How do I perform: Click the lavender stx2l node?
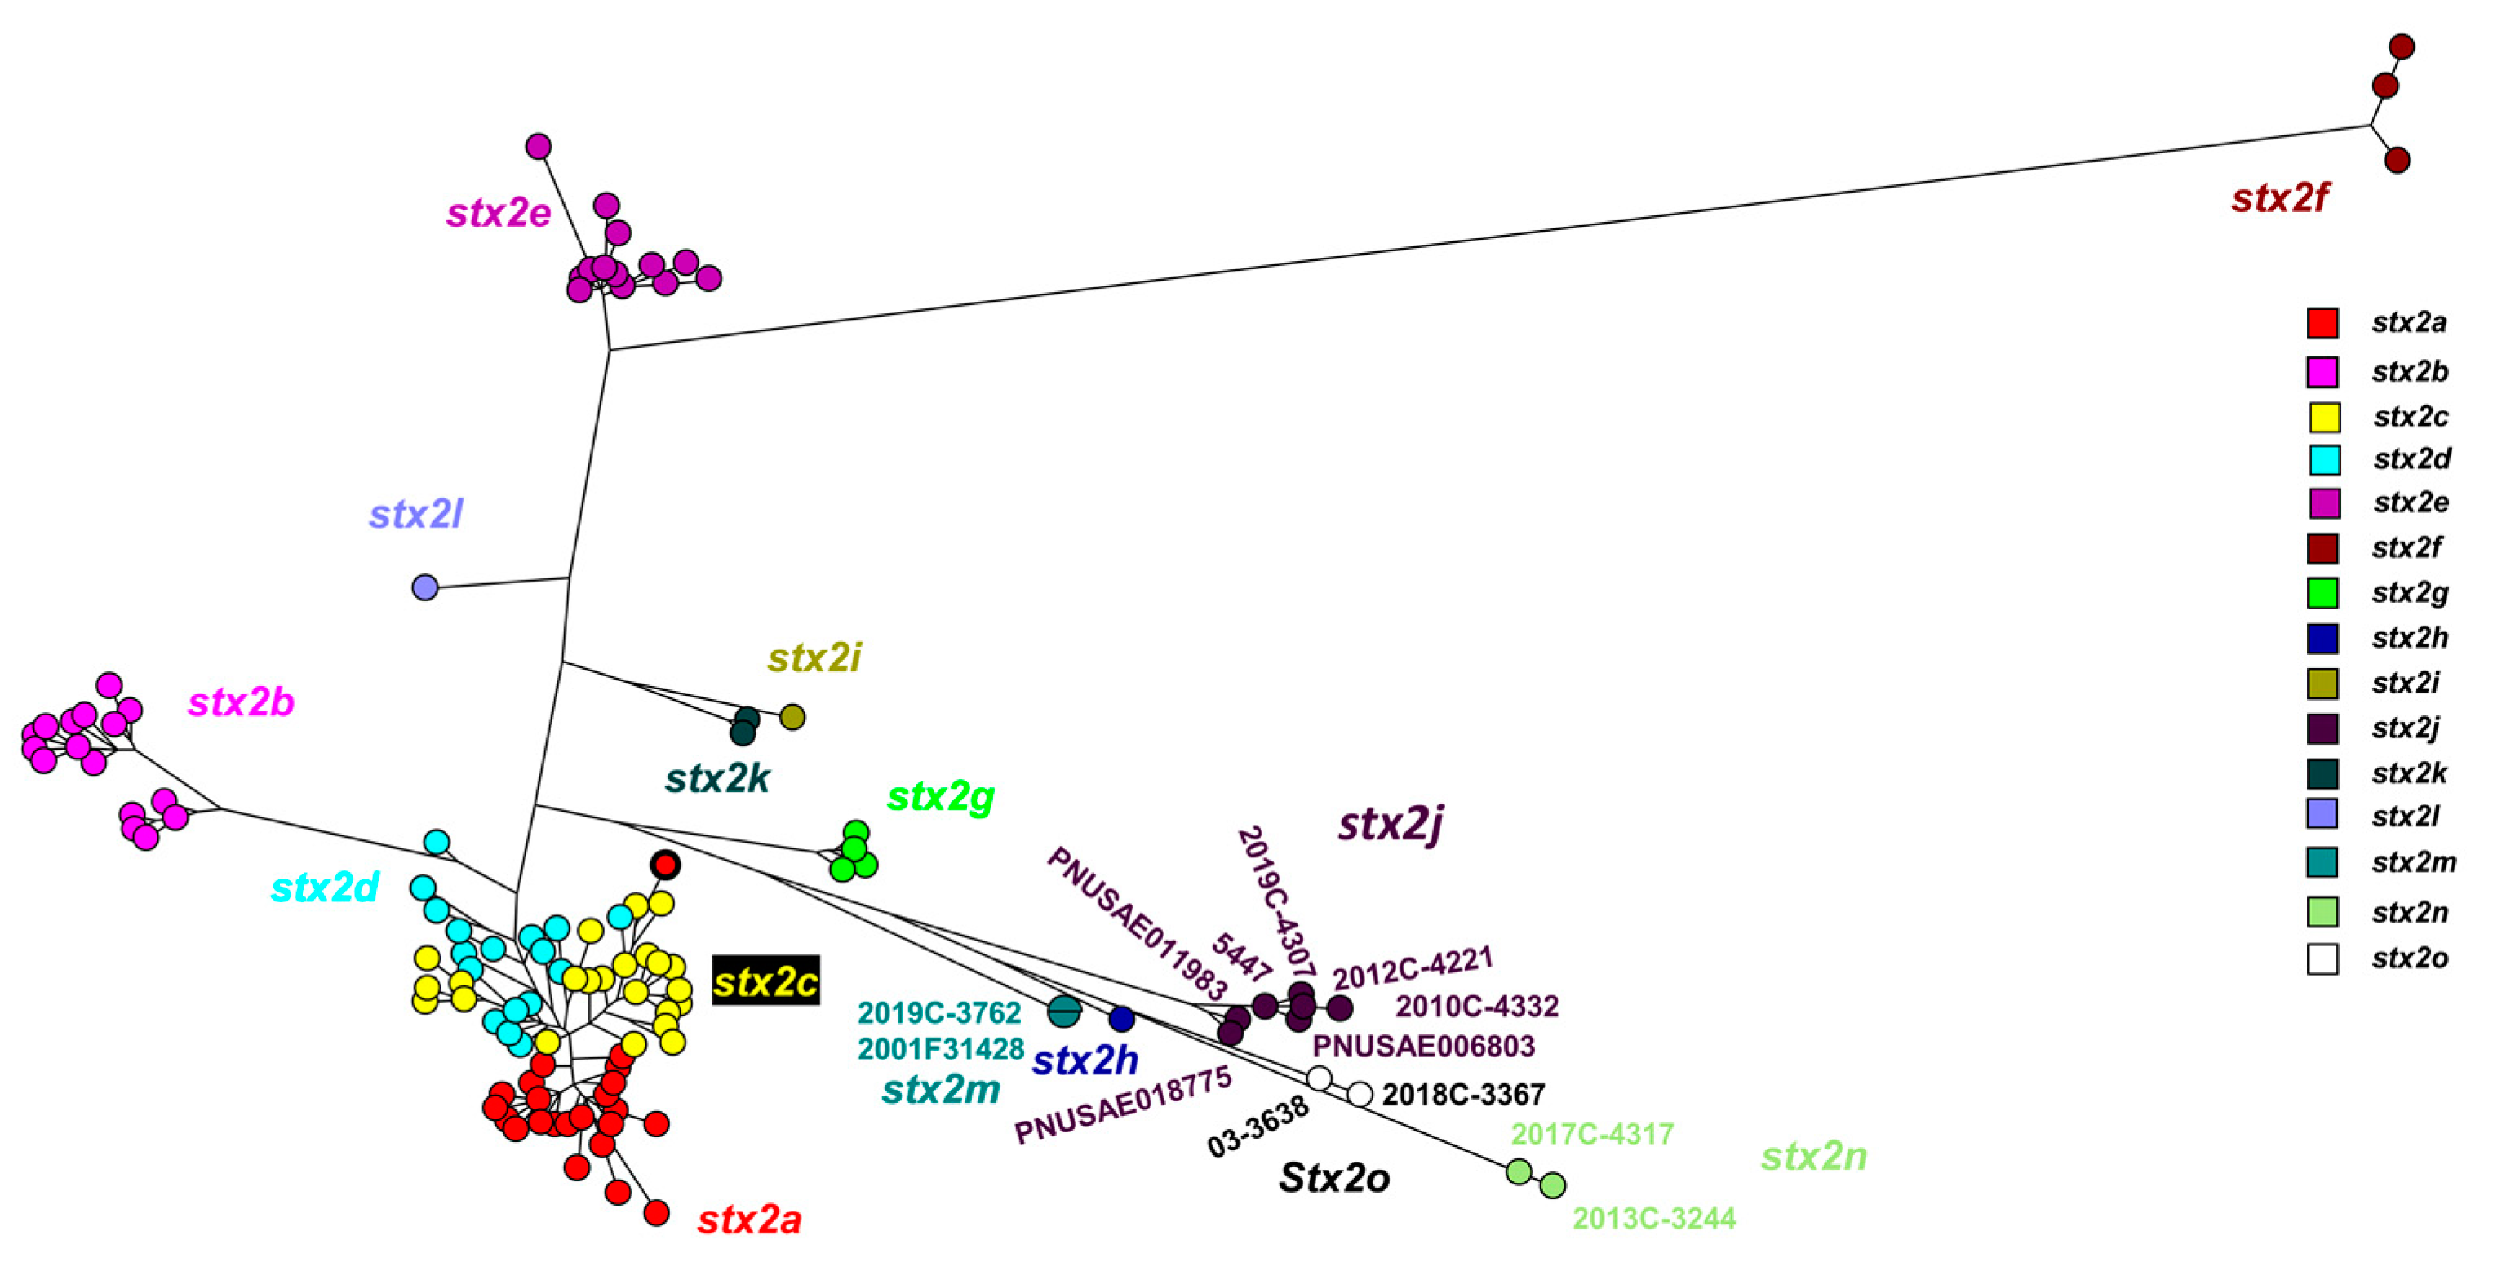[425, 587]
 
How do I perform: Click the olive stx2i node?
[792, 717]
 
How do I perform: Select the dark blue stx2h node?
[1120, 1018]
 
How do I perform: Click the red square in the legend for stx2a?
[2322, 323]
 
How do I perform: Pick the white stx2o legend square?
[2322, 958]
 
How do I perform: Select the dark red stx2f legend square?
[2322, 548]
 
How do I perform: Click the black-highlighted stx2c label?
[765, 981]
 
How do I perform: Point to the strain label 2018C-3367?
[1462, 1094]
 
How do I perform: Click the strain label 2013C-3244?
[1653, 1218]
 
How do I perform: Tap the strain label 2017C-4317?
[1592, 1133]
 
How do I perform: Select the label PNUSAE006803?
[1422, 1046]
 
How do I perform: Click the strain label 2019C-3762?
[938, 1013]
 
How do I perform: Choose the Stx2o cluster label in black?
[1333, 1177]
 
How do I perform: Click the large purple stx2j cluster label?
[1391, 824]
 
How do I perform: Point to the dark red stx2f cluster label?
[2279, 198]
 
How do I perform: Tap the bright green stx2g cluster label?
[940, 796]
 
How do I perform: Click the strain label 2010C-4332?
[1476, 1006]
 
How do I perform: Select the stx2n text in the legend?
[2409, 912]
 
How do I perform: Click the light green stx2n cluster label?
[1812, 1156]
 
